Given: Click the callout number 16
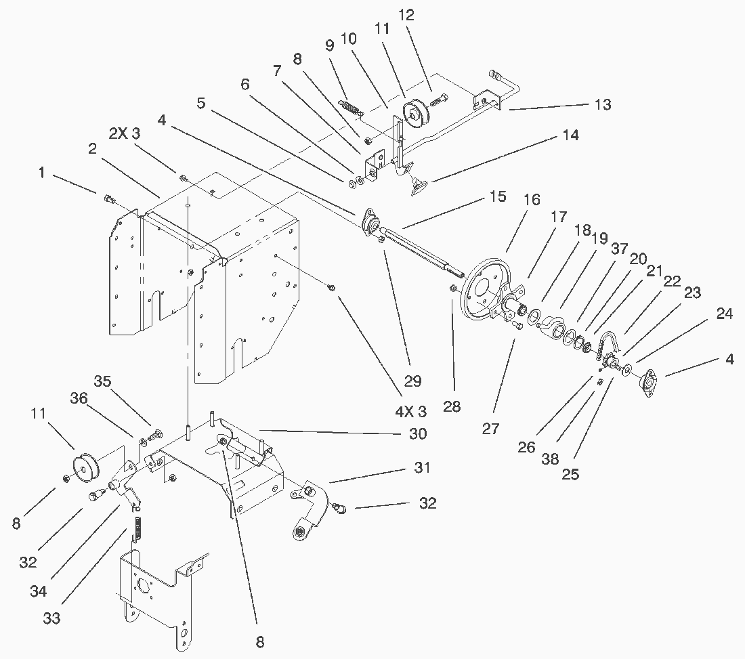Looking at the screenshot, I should pos(532,200).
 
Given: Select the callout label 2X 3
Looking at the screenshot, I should pos(125,134).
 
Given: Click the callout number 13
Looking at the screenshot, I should pos(602,104).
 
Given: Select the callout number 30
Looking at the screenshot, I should pos(418,434).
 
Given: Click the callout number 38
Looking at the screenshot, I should pos(549,459).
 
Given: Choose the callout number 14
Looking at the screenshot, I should pos(570,135).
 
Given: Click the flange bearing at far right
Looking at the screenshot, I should pos(651,382).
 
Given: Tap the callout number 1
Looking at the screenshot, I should pos(42,173).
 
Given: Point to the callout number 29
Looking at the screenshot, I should pos(412,381).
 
